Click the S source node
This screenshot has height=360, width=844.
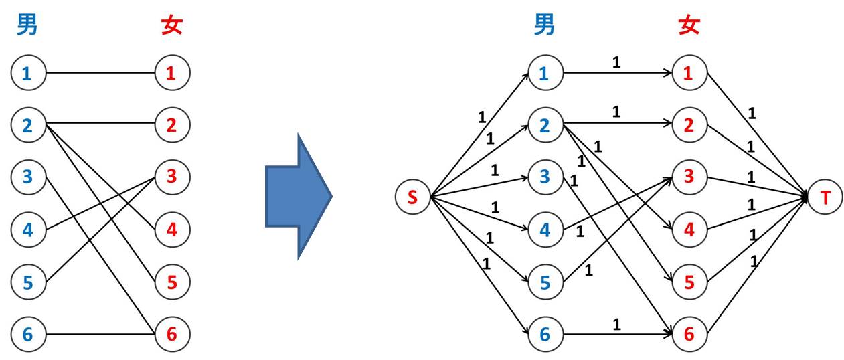(x=413, y=197)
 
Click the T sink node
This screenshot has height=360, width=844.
(x=825, y=197)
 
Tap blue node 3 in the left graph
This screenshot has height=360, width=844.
(x=27, y=177)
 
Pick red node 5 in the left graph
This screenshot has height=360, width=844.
(x=172, y=282)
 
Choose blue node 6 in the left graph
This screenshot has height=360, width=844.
(x=27, y=334)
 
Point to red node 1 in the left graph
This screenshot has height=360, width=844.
(x=172, y=73)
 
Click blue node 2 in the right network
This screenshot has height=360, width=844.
(x=545, y=124)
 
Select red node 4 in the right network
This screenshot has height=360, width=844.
(x=689, y=230)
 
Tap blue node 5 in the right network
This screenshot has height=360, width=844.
(x=545, y=282)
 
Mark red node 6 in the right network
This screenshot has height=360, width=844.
(x=689, y=334)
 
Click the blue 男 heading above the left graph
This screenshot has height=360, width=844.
(x=27, y=26)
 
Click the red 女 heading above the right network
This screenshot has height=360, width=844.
(x=689, y=26)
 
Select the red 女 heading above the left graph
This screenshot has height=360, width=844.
(x=172, y=26)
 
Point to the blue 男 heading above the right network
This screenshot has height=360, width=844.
(x=545, y=26)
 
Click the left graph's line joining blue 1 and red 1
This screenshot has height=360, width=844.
(x=100, y=73)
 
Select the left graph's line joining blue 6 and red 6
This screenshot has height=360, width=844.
(x=100, y=334)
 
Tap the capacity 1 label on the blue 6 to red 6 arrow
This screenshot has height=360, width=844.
(x=616, y=325)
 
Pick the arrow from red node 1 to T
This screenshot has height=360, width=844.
(x=756, y=134)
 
